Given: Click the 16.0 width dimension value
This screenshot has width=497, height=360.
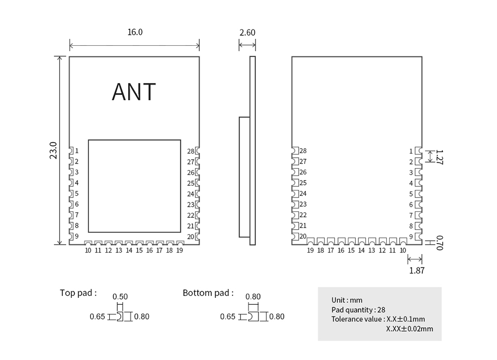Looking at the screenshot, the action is click(x=135, y=32).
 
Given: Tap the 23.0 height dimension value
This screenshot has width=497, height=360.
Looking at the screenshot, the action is click(x=53, y=150).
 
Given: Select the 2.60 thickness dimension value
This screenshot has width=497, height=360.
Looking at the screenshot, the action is click(x=247, y=32).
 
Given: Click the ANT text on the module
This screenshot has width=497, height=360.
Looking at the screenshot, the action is click(x=134, y=91).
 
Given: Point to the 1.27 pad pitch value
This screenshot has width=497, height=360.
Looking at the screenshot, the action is click(x=440, y=157).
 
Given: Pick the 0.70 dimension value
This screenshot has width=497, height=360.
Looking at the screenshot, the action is click(x=440, y=243).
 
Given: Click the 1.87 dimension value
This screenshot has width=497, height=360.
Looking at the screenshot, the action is click(x=416, y=270).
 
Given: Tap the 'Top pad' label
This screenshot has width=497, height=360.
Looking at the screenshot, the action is click(x=79, y=293).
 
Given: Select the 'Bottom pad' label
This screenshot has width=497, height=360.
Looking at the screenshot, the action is click(x=208, y=293).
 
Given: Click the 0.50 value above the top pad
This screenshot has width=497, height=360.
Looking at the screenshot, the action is click(x=120, y=296).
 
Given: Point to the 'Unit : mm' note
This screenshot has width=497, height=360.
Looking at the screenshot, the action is click(x=347, y=300).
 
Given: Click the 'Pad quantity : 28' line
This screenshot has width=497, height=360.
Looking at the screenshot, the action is click(x=358, y=310).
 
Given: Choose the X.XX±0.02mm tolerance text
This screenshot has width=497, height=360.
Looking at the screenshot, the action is click(x=410, y=329).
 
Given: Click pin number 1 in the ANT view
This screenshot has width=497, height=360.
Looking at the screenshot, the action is click(x=77, y=151).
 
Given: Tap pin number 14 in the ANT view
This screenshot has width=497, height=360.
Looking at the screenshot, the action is click(x=129, y=250).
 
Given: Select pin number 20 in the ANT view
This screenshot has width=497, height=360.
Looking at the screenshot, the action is click(x=190, y=237).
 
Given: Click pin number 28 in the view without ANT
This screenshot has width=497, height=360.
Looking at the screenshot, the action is click(x=303, y=151).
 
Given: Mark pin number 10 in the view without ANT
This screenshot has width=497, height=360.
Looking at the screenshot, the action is click(x=403, y=250).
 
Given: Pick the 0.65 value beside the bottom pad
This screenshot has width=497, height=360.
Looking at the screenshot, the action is click(x=228, y=317).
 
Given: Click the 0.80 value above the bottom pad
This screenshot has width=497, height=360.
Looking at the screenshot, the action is click(x=253, y=296).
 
